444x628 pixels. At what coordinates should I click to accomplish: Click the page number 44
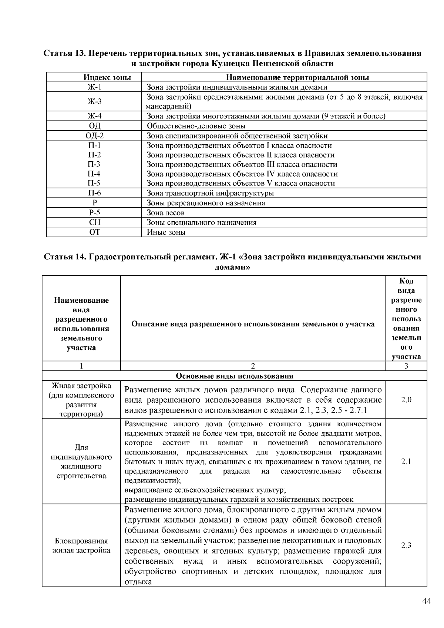426,601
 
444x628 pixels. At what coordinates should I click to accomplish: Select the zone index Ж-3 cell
94,101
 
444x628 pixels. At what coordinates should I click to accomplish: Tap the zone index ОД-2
94,136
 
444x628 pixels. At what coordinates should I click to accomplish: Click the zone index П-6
94,193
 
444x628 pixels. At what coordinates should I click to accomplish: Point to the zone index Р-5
94,212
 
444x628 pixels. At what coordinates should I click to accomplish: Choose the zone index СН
94,222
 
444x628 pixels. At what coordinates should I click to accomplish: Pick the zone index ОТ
94,232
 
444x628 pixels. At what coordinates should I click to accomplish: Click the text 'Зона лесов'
165,213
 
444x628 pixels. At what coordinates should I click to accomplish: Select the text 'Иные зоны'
166,232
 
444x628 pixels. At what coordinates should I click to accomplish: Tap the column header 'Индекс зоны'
107,77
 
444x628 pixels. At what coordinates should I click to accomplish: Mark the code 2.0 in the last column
406,400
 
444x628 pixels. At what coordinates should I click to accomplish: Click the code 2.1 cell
406,461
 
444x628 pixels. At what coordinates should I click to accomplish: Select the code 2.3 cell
406,545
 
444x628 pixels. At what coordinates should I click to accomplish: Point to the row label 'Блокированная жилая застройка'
81,545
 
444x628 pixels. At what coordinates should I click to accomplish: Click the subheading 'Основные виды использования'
234,376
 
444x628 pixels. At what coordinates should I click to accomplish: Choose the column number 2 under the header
253,366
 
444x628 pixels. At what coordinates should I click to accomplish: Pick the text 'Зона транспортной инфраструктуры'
210,193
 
